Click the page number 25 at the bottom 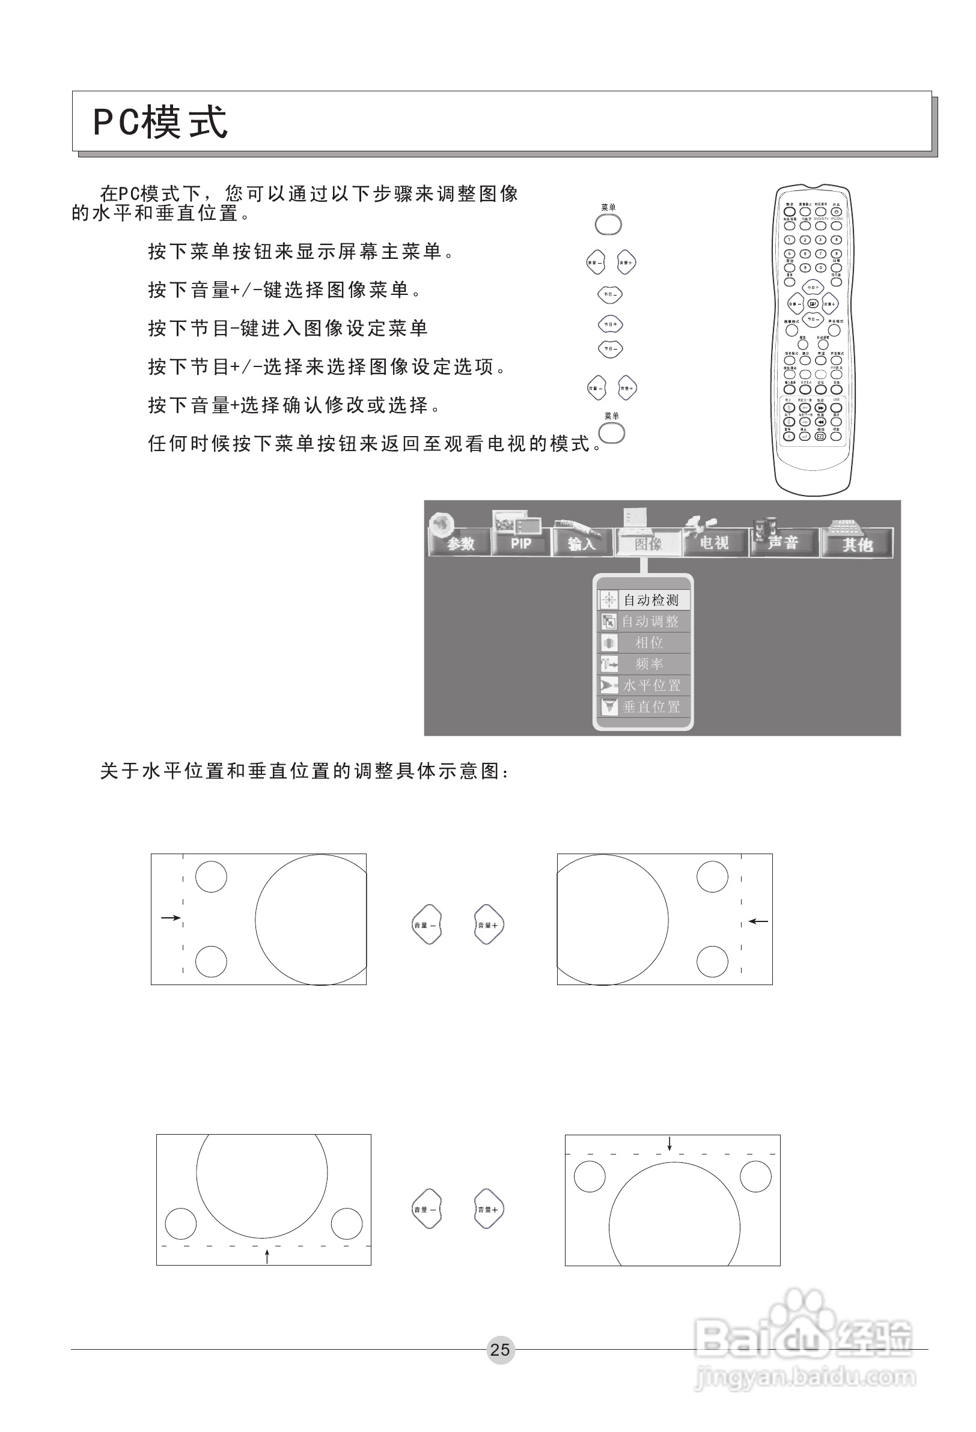(x=499, y=1350)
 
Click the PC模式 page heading (x=160, y=121)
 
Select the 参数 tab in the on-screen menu (x=459, y=542)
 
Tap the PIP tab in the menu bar (x=521, y=542)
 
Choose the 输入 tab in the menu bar (x=581, y=543)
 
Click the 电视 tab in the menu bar (x=714, y=542)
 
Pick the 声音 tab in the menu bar (x=783, y=542)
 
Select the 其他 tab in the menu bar (x=857, y=544)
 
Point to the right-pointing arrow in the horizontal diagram (x=170, y=917)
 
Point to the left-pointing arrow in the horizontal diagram (x=758, y=921)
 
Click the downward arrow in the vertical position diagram (x=669, y=1143)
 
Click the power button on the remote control (x=836, y=212)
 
